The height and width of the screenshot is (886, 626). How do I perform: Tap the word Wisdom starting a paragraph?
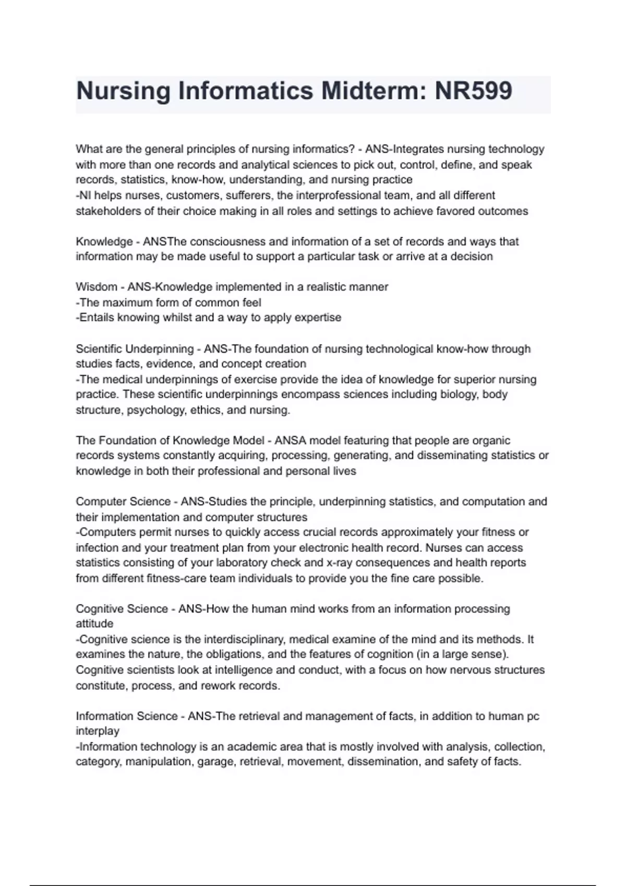[97, 287]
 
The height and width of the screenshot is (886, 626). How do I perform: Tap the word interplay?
[97, 731]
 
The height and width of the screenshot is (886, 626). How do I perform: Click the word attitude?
[94, 624]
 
